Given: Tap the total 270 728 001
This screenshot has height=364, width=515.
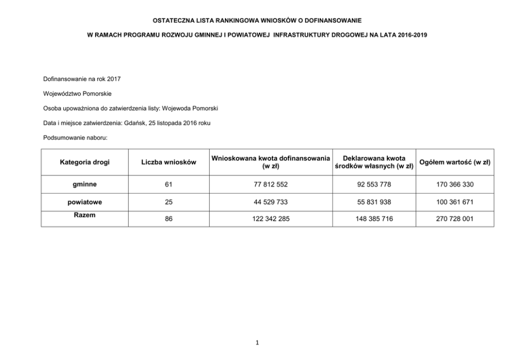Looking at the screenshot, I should point(454,219).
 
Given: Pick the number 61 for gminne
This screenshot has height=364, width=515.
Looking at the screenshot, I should point(169,184).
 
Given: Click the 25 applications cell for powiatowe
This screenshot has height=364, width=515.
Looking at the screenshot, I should point(169,201).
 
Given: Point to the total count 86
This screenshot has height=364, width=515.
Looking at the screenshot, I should point(169,219).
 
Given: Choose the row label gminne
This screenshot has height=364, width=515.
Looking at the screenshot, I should point(85,184).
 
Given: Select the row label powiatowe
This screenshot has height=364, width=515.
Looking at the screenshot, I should point(85,201).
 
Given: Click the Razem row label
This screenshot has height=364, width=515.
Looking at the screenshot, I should point(85,215).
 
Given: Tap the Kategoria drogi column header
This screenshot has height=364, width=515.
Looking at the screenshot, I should point(85,162).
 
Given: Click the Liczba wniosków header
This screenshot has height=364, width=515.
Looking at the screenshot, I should point(169,162).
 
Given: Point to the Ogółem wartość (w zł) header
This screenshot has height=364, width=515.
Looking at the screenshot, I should point(454,162).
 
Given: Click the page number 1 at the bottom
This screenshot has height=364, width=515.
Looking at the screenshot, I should point(257,343).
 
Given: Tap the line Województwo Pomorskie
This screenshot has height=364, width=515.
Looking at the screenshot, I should point(77,93).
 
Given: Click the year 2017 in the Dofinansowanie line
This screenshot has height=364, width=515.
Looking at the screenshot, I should point(113,79).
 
